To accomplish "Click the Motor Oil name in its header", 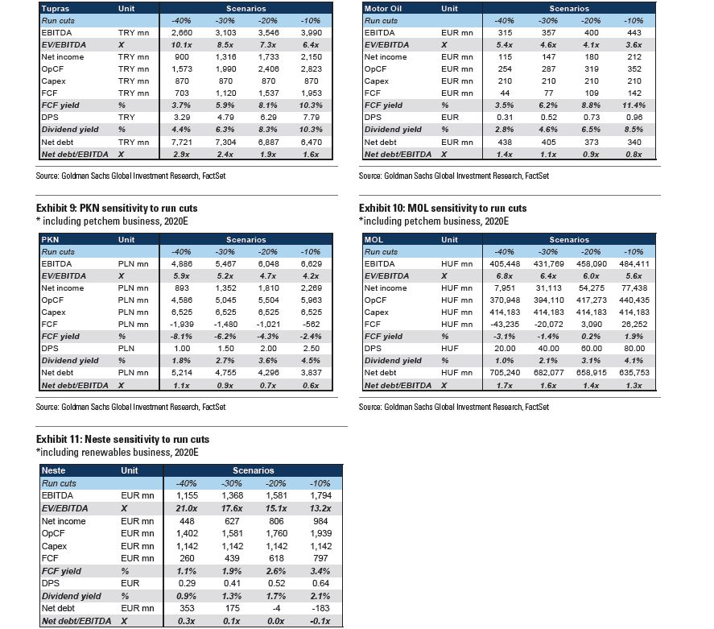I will click(386, 8).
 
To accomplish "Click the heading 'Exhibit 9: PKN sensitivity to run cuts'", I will click(117, 209).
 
